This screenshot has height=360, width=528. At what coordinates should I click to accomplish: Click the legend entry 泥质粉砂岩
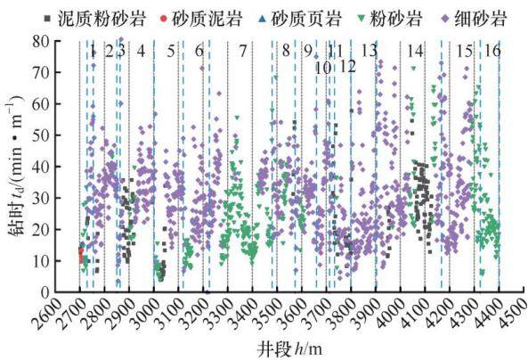coord(95,18)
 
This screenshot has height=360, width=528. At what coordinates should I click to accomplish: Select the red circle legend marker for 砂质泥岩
coord(164,19)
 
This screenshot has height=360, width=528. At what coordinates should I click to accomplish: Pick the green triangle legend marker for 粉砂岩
coord(362,19)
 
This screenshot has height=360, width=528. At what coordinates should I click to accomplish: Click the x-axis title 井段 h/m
coord(290,349)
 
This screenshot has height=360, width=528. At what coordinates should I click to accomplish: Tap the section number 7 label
coord(243,51)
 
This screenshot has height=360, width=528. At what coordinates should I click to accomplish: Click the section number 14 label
coord(415,51)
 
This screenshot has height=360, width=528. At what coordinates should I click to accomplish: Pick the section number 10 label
coord(323,68)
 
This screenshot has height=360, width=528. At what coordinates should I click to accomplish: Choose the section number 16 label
coord(492,51)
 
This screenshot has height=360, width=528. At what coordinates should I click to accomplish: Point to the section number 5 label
coord(171,51)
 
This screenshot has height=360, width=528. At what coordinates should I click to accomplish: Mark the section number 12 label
coord(347,67)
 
